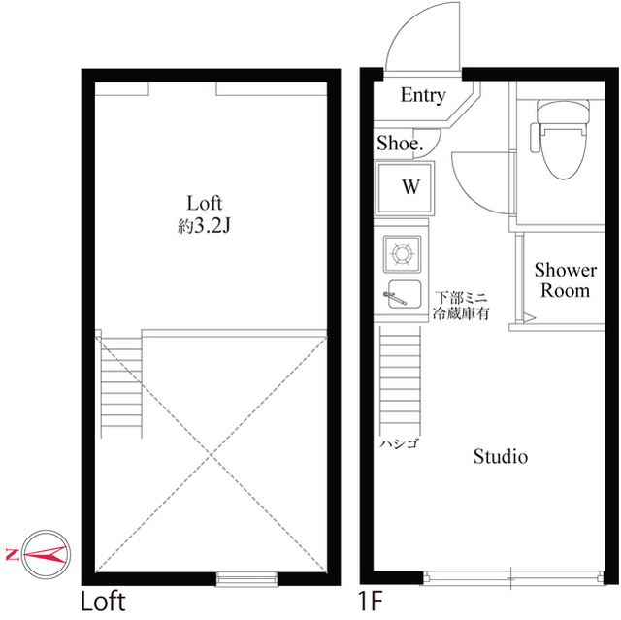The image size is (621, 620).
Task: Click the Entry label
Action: [423, 95]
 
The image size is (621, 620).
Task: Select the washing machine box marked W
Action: [410, 187]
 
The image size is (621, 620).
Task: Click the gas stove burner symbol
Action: [401, 256]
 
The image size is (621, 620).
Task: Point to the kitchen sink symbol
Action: [401, 295]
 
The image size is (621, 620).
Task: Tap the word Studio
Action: [500, 456]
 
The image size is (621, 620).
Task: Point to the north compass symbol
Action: [43, 554]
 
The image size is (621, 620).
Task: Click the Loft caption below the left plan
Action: [103, 602]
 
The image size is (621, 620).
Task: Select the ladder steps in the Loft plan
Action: [120, 383]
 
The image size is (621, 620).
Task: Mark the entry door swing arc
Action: [408, 44]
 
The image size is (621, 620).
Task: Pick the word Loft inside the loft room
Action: [206, 203]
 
